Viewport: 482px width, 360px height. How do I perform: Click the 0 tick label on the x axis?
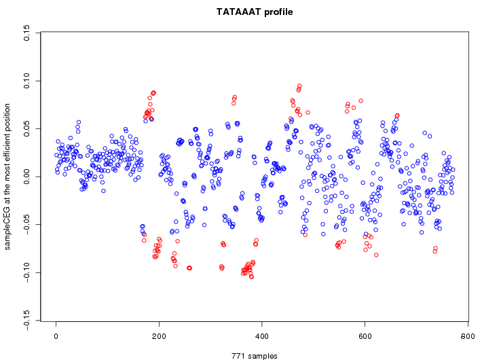[x=56, y=336]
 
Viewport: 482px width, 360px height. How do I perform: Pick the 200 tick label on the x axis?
[x=159, y=336]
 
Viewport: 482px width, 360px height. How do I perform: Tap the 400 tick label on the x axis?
[x=262, y=336]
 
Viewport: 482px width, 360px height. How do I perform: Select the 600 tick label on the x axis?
[x=365, y=336]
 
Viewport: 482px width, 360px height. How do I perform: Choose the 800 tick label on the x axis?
[x=468, y=336]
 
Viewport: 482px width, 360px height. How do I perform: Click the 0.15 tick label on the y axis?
[x=27, y=33]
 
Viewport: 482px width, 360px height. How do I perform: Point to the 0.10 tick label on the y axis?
[x=27, y=81]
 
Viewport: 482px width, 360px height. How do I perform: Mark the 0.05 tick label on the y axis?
[x=27, y=128]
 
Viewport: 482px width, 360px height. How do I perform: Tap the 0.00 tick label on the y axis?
[x=27, y=177]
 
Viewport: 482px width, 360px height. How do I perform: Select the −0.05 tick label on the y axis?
[x=27, y=224]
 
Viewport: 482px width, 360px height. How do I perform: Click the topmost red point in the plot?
[x=299, y=86]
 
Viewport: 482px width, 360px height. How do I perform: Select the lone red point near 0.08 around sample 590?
[x=361, y=101]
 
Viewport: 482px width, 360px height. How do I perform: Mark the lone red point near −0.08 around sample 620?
[x=376, y=255]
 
